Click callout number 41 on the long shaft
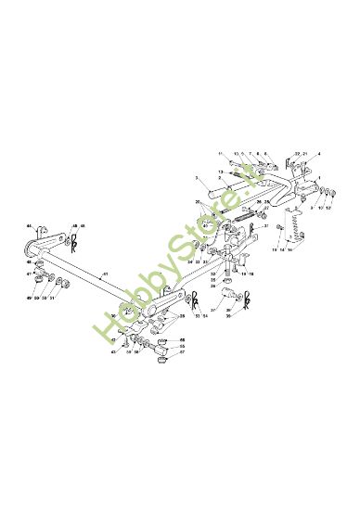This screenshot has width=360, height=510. click(105, 274)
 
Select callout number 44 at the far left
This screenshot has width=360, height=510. click(29, 226)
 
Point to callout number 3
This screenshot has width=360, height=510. click(197, 178)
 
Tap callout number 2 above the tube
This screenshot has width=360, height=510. click(220, 177)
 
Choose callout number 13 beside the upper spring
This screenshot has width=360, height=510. click(220, 172)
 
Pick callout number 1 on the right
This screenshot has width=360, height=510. click(318, 178)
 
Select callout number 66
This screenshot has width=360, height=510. click(183, 340)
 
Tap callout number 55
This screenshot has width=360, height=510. click(183, 347)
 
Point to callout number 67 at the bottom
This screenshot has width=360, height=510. click(183, 353)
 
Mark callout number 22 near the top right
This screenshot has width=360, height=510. click(296, 153)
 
